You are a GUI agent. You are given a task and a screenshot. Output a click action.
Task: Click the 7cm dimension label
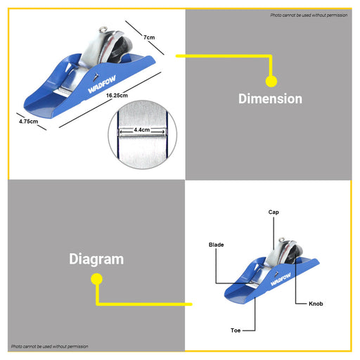click(149, 37)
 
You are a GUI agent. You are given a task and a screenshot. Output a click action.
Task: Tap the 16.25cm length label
click(117, 96)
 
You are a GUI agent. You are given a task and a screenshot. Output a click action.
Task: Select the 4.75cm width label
click(28, 122)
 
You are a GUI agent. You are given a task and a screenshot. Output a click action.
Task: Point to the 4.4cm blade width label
click(142, 129)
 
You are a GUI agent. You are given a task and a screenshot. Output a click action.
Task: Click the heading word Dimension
click(270, 98)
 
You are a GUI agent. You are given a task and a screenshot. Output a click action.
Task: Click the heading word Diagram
click(96, 259)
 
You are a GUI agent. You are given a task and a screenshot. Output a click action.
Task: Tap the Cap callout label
click(274, 212)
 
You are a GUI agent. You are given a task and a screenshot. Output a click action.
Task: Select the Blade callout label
click(216, 245)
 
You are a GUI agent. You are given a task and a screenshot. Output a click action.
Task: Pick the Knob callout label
click(316, 304)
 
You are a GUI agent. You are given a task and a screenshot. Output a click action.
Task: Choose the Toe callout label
click(236, 330)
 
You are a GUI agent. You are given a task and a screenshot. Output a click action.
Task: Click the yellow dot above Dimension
click(271, 81)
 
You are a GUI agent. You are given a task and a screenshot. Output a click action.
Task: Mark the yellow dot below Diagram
click(96, 279)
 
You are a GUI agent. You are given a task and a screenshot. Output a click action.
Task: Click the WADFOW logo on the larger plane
click(102, 84)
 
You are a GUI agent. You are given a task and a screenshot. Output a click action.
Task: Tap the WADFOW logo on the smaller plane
click(281, 279)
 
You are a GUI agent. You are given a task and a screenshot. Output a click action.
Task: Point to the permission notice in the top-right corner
click(309, 15)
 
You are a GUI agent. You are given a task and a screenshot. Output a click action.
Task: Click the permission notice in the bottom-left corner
click(50, 347)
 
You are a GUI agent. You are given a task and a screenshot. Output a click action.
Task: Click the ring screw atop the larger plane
click(103, 30)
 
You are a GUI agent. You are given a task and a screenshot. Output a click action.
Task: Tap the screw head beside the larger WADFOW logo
click(96, 76)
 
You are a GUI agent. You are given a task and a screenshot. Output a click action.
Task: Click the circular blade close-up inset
click(143, 135)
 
